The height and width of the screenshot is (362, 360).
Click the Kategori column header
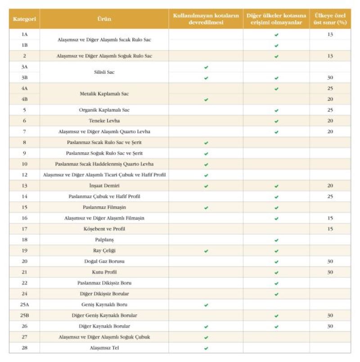(24, 19)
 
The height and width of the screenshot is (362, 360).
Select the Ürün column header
(104, 19)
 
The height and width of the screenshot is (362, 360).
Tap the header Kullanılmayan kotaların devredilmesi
(206, 19)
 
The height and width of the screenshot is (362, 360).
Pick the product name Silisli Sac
(104, 72)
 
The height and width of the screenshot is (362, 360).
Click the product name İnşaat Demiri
(104, 186)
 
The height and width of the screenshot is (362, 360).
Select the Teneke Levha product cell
(104, 121)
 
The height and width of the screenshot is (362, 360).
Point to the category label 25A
(24, 304)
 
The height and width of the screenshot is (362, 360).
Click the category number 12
(24, 175)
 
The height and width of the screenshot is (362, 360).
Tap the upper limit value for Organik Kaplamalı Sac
(330, 110)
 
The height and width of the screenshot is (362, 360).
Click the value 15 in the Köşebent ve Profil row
(330, 229)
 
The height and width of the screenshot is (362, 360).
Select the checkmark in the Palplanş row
(276, 240)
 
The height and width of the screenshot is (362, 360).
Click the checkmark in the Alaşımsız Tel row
(206, 348)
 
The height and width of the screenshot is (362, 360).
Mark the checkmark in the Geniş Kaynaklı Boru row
(206, 305)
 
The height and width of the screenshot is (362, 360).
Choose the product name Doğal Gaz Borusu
(104, 261)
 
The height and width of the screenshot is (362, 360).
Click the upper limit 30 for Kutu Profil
(330, 272)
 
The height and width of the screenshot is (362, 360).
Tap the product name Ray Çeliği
(104, 250)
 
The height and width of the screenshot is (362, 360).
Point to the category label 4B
(24, 99)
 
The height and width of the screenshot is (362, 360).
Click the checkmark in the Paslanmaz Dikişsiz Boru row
(276, 283)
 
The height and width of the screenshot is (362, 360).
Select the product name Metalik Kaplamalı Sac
(104, 94)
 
